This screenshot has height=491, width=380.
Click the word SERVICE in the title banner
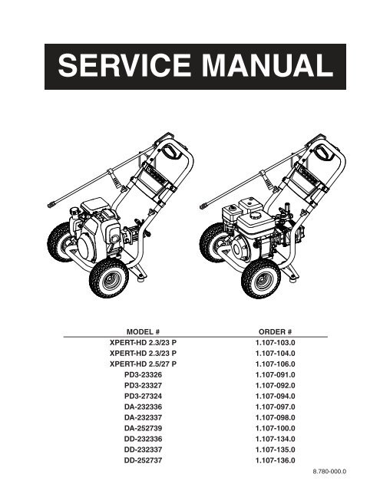click(124, 65)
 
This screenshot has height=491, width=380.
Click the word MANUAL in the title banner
click(267, 65)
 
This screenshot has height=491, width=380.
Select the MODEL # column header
click(143, 331)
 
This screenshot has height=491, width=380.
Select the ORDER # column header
click(275, 331)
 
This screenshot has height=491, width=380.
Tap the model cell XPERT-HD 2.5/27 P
click(143, 364)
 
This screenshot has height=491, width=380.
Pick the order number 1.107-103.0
click(275, 343)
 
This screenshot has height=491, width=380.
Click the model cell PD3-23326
click(143, 374)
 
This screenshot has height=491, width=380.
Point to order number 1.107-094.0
click(275, 396)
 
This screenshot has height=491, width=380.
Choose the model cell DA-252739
click(143, 428)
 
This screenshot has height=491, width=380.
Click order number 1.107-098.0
click(275, 417)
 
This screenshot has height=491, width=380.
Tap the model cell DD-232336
click(143, 439)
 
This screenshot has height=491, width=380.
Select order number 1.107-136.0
click(275, 460)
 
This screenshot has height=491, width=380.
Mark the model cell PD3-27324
click(143, 396)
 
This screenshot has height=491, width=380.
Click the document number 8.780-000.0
click(329, 471)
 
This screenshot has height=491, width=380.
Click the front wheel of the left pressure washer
click(109, 278)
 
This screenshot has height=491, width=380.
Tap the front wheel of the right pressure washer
click(261, 278)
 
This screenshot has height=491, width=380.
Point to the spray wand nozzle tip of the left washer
click(50, 205)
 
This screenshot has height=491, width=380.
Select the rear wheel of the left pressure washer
click(59, 242)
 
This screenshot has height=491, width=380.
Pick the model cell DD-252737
click(143, 460)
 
